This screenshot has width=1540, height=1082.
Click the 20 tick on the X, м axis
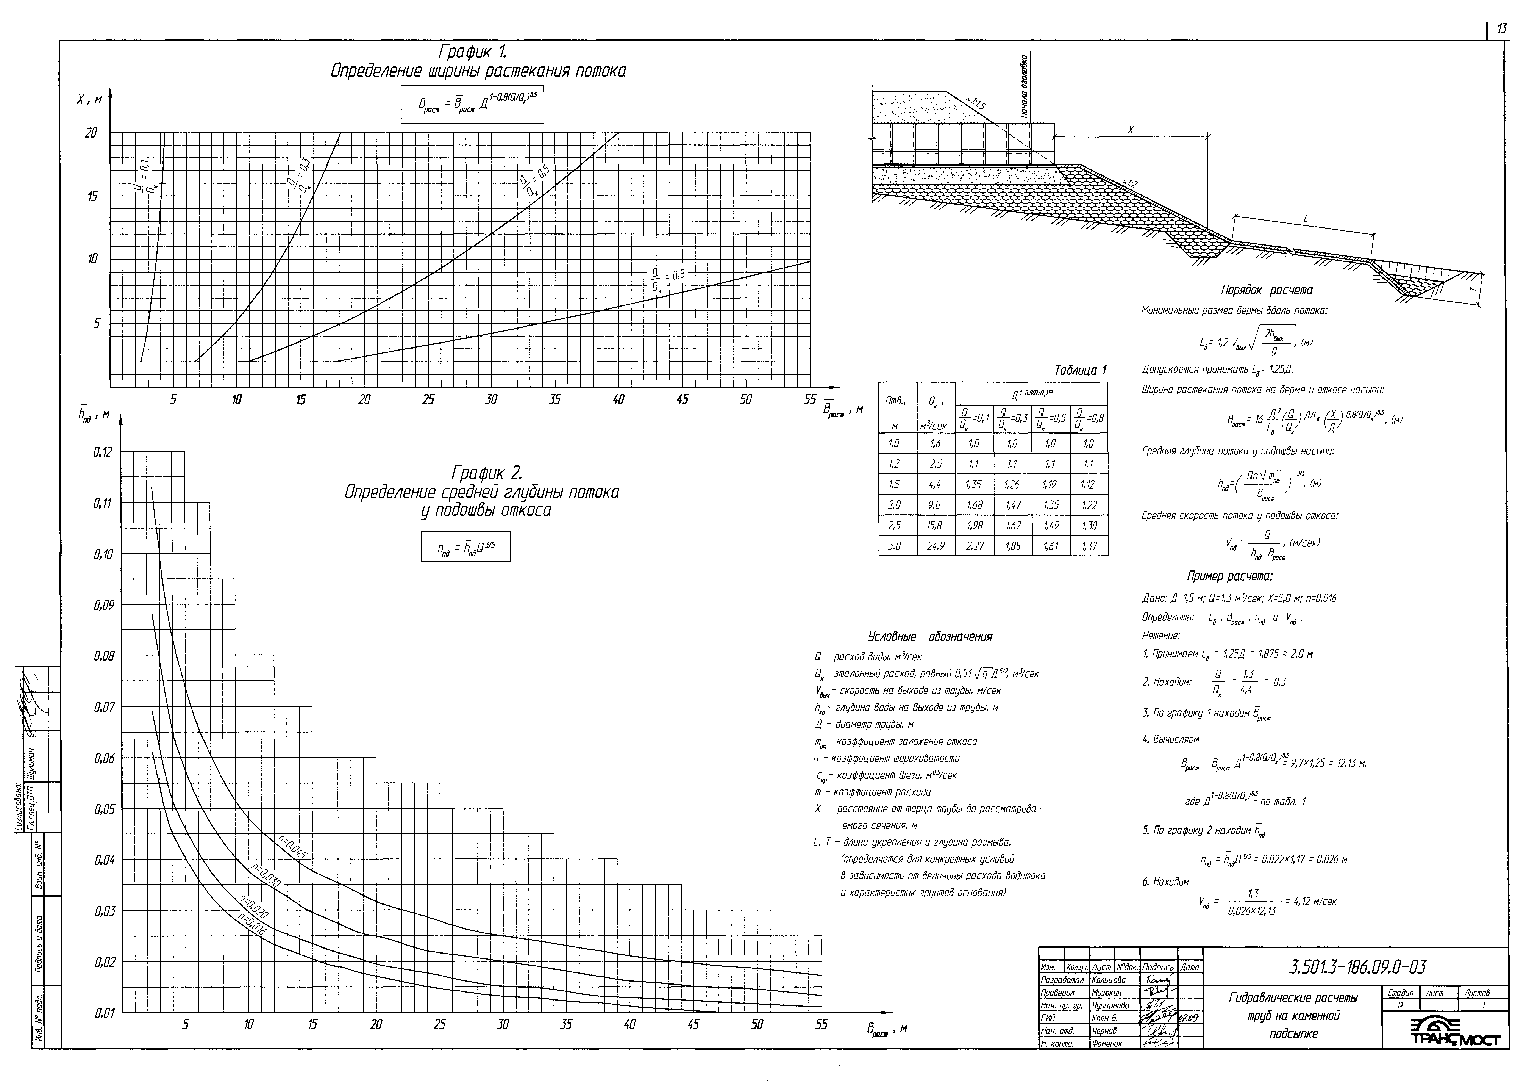pyautogui.click(x=91, y=133)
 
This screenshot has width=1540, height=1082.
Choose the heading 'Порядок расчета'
pyautogui.click(x=1266, y=290)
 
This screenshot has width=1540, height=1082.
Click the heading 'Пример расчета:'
pyautogui.click(x=1230, y=576)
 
